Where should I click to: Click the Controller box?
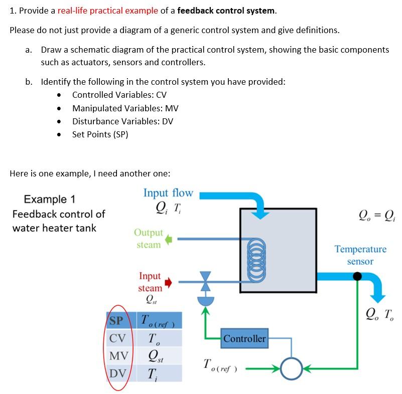pos(244,339)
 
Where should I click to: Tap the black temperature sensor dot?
pos(357,276)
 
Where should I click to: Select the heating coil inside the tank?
pos(255,260)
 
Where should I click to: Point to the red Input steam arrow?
pos(169,283)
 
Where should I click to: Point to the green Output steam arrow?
pos(169,239)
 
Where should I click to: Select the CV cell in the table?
pos(117,338)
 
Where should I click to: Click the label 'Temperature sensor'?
pos(360,255)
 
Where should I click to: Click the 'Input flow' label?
pos(168,193)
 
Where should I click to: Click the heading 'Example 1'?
pos(50,200)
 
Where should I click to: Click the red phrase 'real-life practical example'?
pos(107,11)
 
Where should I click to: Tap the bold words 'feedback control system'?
pos(226,11)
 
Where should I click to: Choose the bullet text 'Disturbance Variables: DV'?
pos(122,121)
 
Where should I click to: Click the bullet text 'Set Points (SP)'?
pos(100,134)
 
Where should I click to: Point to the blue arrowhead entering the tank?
pos(259,214)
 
